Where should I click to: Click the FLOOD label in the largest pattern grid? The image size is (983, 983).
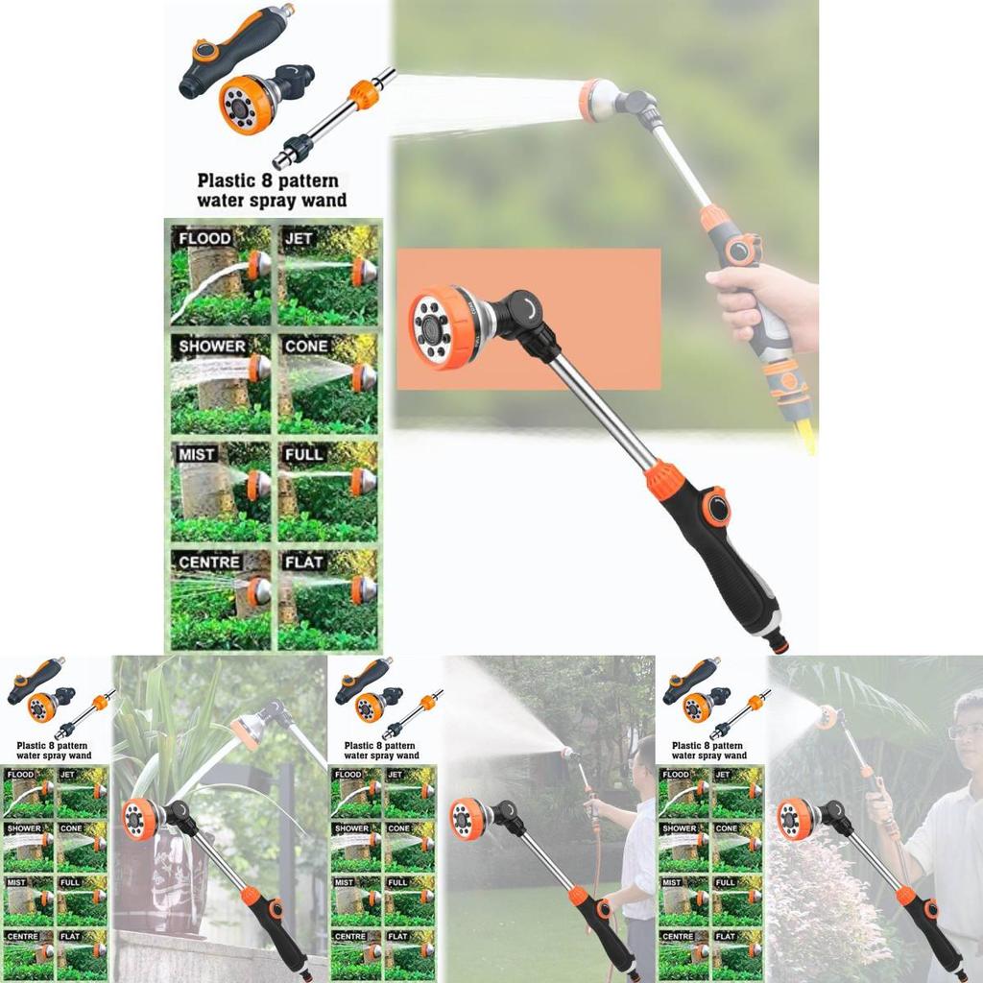click(x=204, y=238)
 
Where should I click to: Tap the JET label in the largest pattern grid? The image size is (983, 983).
click(x=300, y=238)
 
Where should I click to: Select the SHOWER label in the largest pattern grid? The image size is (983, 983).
click(x=211, y=346)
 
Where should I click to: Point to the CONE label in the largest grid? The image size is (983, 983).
click(x=306, y=346)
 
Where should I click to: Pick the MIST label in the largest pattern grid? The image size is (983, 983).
click(x=197, y=454)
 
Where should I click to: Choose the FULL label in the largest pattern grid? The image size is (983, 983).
click(x=304, y=454)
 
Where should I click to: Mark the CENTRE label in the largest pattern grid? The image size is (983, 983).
click(x=208, y=562)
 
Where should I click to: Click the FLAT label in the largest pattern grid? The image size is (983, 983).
click(x=303, y=562)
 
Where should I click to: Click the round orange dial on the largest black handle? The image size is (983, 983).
click(x=715, y=506)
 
